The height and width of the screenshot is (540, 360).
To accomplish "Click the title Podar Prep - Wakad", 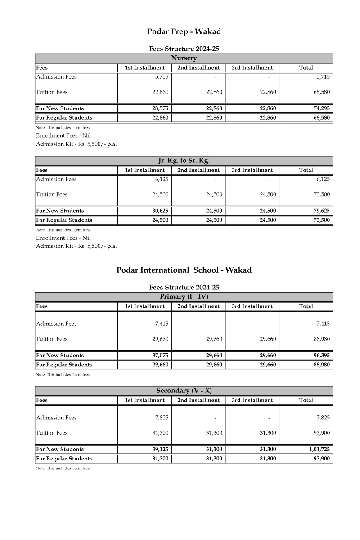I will (184, 31).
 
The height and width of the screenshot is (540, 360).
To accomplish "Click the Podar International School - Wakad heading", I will (184, 270).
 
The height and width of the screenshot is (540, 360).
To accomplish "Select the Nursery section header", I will (184, 58).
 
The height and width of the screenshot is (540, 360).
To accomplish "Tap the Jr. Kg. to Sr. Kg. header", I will (184, 161).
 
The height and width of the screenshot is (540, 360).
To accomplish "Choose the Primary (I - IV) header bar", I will (184, 297).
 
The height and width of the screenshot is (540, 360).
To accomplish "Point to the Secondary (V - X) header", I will (184, 391).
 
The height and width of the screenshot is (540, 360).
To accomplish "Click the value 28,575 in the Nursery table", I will (160, 108).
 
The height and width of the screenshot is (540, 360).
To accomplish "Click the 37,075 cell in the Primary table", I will (160, 355).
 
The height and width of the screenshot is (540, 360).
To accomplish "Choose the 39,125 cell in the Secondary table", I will (160, 449).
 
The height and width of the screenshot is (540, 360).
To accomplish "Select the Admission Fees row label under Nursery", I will (56, 77).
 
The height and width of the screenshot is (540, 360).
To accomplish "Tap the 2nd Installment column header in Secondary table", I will (198, 400).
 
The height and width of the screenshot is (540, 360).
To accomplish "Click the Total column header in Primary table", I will (306, 306).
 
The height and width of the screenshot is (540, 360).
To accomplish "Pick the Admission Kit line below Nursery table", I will (76, 144).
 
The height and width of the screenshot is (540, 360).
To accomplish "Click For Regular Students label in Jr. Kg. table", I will (64, 220).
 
